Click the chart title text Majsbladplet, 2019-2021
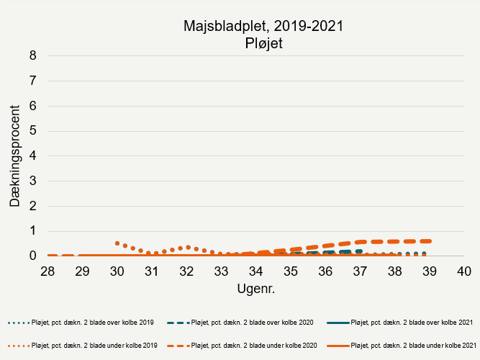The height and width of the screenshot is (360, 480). click(x=262, y=27)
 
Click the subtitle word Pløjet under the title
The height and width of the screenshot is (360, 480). click(x=262, y=43)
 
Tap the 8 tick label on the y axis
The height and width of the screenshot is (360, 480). click(x=32, y=55)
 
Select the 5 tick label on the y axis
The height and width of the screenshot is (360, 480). click(x=32, y=131)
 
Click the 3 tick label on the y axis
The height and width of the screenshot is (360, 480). click(x=32, y=181)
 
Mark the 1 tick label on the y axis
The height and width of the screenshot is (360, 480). click(x=32, y=231)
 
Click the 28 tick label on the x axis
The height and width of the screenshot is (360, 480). click(x=47, y=271)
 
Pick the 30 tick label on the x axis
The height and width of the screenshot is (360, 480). click(x=117, y=271)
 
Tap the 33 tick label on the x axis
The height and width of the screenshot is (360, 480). click(x=221, y=271)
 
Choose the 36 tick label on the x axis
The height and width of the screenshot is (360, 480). click(x=325, y=271)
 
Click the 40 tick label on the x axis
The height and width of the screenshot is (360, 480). click(x=463, y=271)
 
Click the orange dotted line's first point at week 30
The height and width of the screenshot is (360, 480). click(x=117, y=243)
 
